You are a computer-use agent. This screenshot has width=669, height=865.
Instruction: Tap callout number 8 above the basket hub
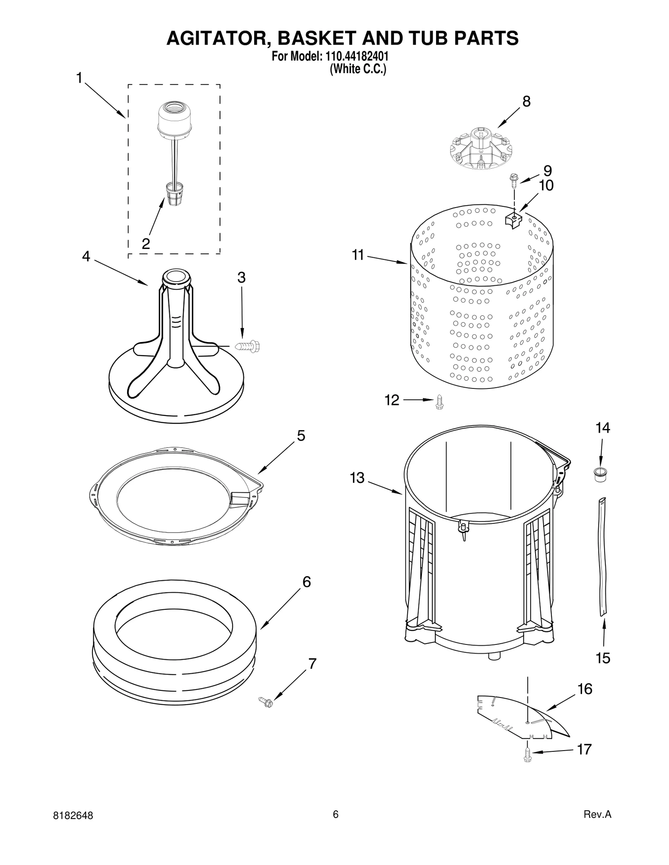(526, 101)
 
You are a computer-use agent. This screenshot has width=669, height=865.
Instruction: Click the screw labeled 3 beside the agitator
(248, 346)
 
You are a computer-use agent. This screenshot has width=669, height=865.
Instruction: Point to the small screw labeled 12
(439, 401)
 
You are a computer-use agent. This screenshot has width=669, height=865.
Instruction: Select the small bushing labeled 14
(601, 475)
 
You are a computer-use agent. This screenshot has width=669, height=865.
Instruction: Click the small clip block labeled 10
(514, 219)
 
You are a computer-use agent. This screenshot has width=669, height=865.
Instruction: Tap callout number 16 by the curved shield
(585, 689)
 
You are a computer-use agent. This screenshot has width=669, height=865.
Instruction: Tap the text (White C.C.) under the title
(358, 69)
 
